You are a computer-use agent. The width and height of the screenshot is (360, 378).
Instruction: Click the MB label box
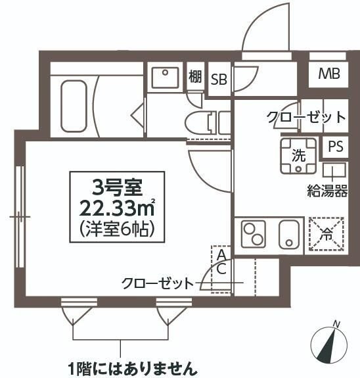tap(329, 74)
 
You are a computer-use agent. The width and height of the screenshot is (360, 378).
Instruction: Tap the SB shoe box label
tap(219, 80)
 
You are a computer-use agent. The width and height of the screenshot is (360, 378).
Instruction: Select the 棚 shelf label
tap(194, 77)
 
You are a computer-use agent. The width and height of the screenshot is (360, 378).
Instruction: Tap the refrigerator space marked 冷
tap(326, 233)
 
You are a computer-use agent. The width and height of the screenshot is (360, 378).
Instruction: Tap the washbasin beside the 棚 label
tap(163, 78)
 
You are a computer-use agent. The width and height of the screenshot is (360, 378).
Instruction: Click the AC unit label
tap(221, 260)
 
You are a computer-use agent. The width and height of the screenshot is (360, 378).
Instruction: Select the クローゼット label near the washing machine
tap(305, 118)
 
